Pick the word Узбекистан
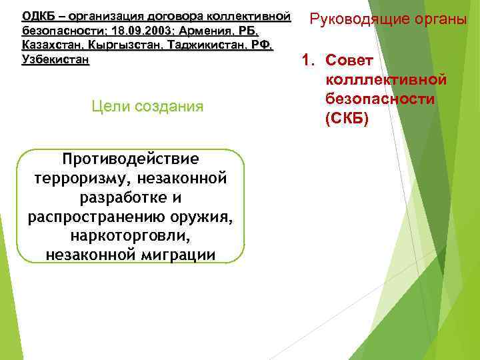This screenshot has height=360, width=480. point(55,60)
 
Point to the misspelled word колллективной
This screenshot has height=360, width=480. point(385,80)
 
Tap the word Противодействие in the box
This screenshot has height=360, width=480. point(129,159)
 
